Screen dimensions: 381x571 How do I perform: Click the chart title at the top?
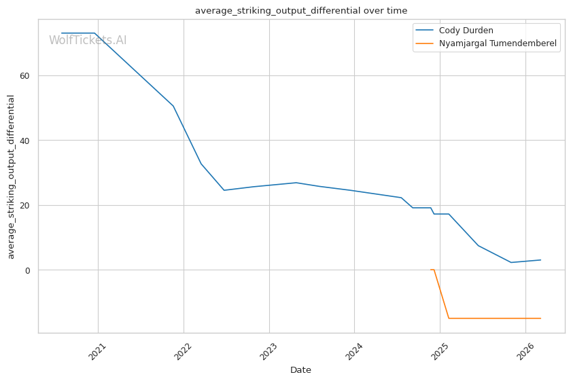[301, 10]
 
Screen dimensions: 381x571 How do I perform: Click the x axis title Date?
[300, 370]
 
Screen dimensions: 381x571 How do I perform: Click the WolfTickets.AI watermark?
[88, 41]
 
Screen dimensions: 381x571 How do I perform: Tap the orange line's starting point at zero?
[431, 270]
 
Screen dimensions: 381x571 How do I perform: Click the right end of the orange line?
[540, 318]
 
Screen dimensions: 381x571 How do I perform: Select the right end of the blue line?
[540, 259]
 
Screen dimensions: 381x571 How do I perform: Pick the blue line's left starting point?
[62, 33]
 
